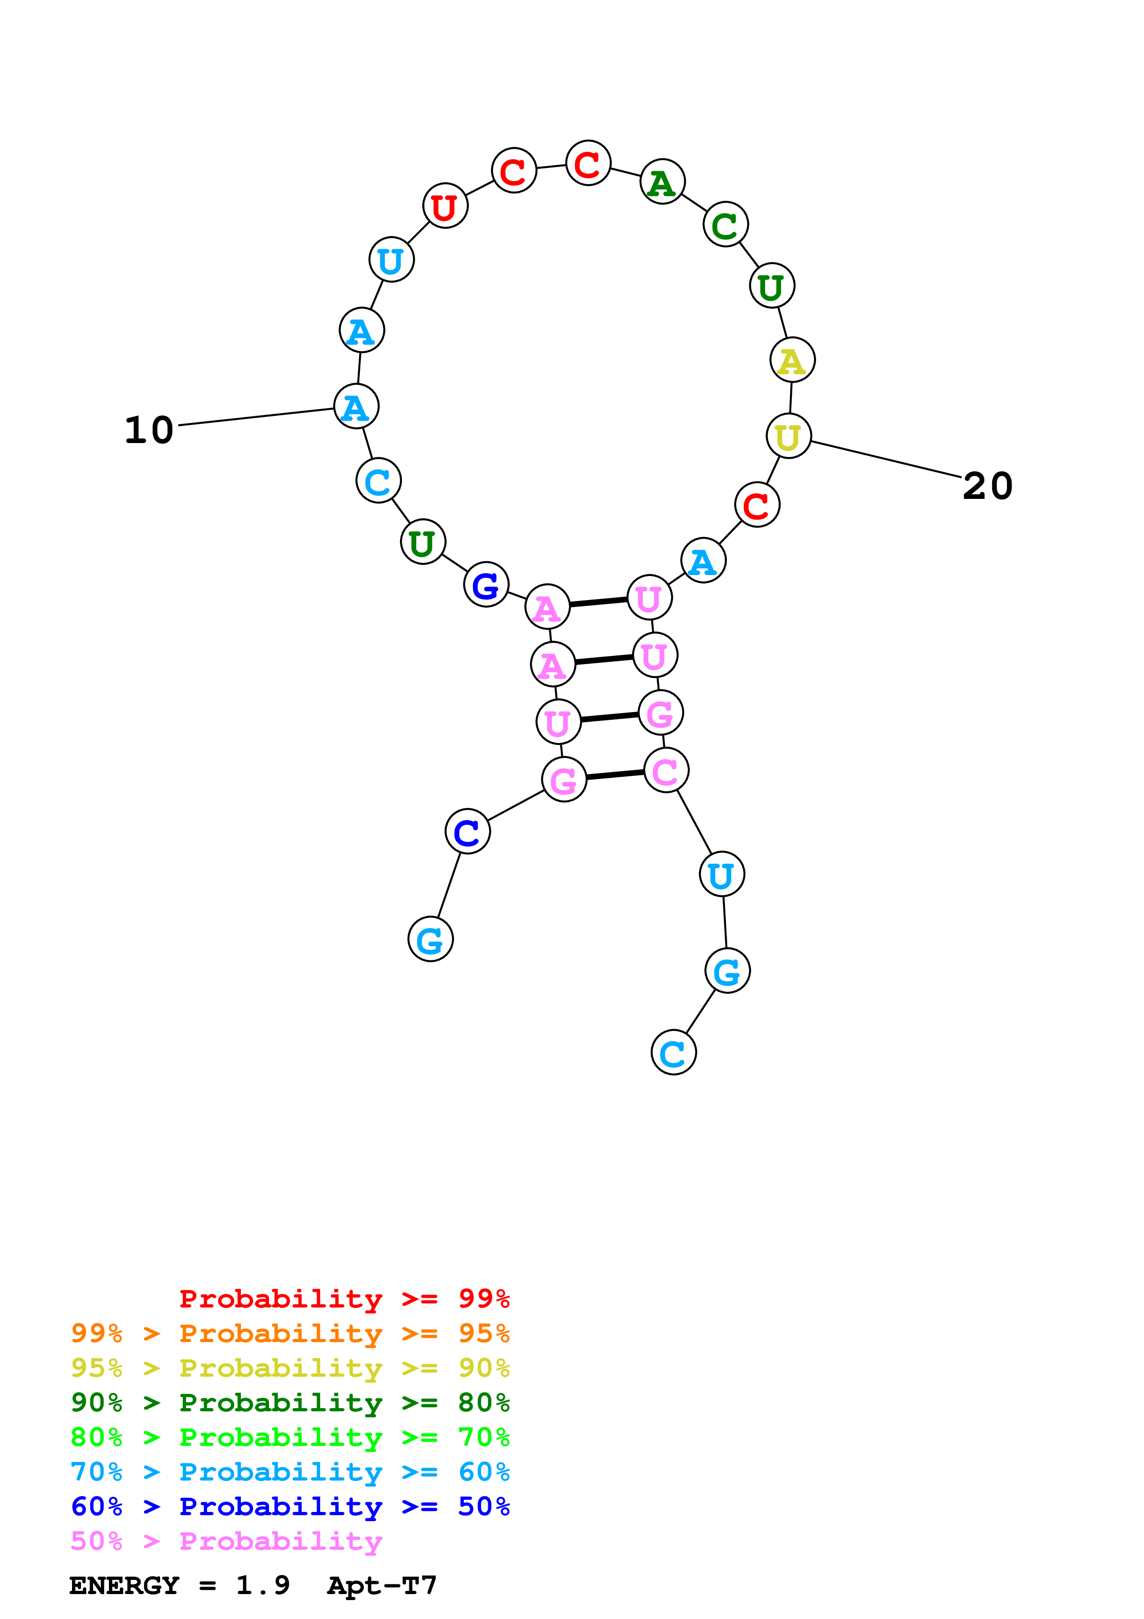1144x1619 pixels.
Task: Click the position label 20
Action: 988,486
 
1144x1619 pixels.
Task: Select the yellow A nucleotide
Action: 792,360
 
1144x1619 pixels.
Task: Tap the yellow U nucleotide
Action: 788,437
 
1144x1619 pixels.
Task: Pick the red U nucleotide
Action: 445,207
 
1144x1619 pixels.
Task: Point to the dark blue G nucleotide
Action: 485,585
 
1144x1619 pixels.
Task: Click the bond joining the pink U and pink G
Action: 609,718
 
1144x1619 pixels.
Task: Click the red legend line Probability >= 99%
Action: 344,1299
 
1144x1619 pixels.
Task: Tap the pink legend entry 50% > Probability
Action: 226,1541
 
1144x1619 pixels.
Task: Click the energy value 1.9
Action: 262,1586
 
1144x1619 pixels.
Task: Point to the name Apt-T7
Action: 382,1586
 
